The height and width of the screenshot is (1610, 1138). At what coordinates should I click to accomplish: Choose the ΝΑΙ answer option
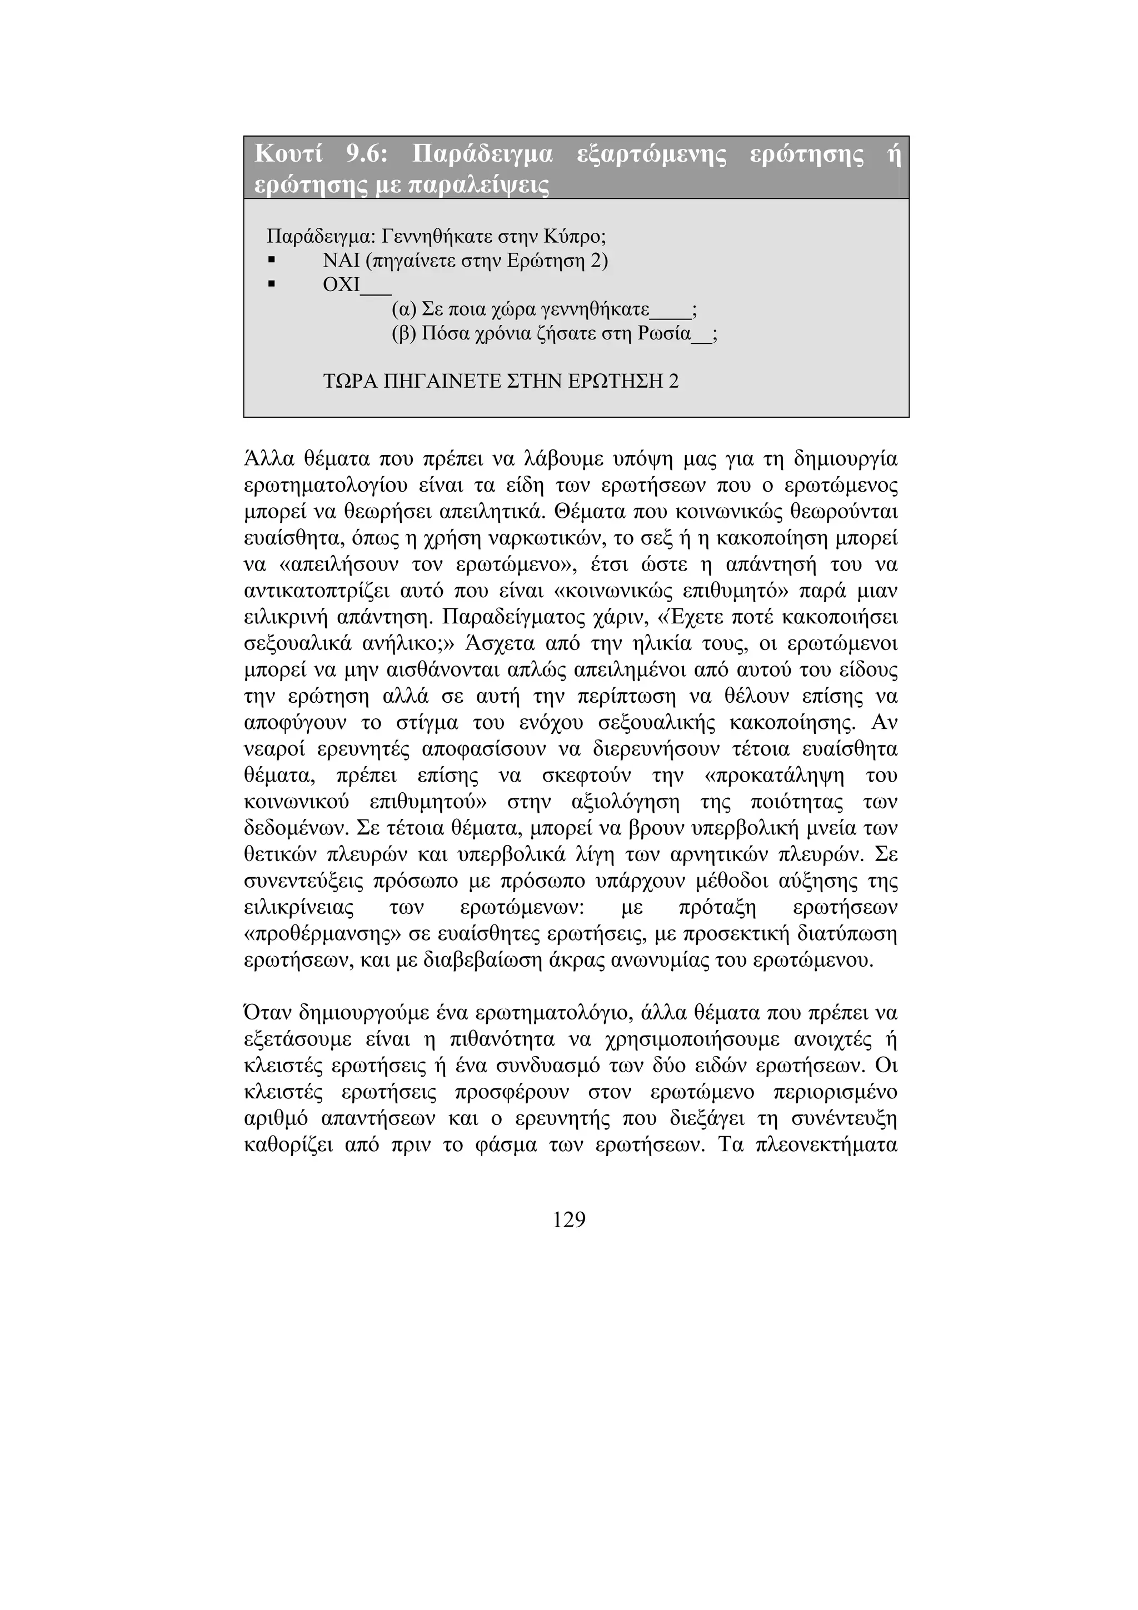(x=340, y=261)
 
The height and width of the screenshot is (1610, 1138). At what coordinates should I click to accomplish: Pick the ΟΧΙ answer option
(x=341, y=286)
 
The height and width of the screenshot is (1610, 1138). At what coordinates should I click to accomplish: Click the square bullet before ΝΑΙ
(x=271, y=261)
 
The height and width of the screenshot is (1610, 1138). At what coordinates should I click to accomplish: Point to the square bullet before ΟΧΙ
(x=271, y=286)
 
